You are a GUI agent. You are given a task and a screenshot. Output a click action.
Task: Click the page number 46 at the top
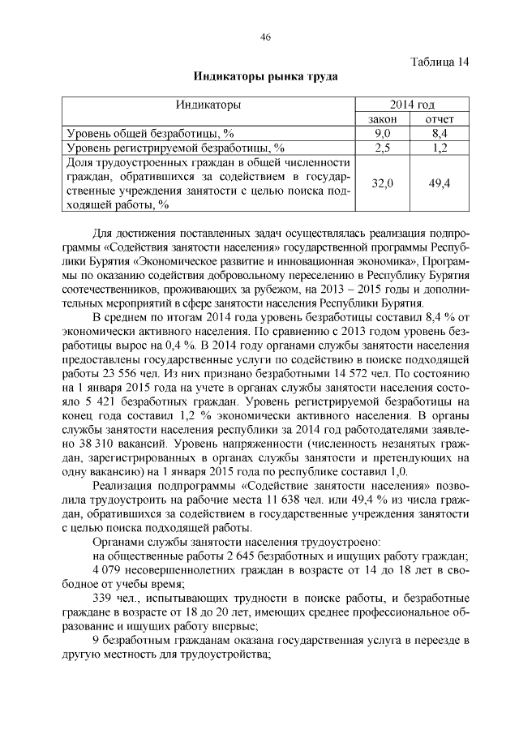(x=264, y=37)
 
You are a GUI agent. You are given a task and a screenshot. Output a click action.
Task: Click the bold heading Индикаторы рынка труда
(x=264, y=78)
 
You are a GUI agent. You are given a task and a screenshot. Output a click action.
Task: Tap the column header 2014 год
(x=411, y=105)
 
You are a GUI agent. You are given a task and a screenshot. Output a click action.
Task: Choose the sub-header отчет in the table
(x=440, y=119)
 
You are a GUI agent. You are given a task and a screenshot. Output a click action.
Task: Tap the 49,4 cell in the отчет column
(x=440, y=184)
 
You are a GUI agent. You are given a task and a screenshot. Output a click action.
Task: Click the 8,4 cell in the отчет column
(x=440, y=133)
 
